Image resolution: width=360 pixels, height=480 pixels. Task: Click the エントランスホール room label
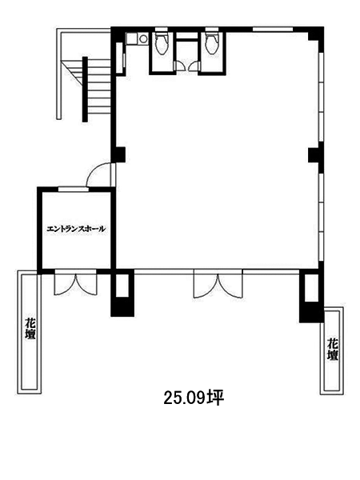click(76, 229)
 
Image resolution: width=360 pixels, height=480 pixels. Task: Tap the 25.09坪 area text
click(194, 398)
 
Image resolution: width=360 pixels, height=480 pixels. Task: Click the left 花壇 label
click(30, 329)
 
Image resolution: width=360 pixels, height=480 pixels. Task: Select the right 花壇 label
click(333, 349)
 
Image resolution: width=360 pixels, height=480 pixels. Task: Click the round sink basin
click(143, 38)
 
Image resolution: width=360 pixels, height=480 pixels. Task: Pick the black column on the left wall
click(119, 154)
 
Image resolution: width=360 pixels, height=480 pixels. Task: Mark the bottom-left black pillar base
click(122, 306)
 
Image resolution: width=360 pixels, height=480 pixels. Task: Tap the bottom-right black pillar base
click(311, 312)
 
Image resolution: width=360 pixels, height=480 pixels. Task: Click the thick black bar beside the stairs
click(85, 90)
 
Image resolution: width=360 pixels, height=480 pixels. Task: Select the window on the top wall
click(273, 30)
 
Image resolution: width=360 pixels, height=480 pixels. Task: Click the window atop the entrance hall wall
click(74, 189)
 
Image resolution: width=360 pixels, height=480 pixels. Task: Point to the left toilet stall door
click(180, 66)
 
